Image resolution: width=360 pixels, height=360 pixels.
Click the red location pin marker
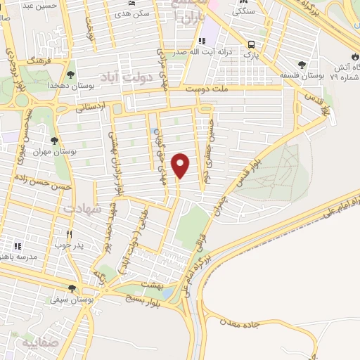[181, 165]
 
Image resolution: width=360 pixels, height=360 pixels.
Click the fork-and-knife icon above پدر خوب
[69, 234]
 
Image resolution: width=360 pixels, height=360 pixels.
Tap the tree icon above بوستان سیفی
[72, 288]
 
